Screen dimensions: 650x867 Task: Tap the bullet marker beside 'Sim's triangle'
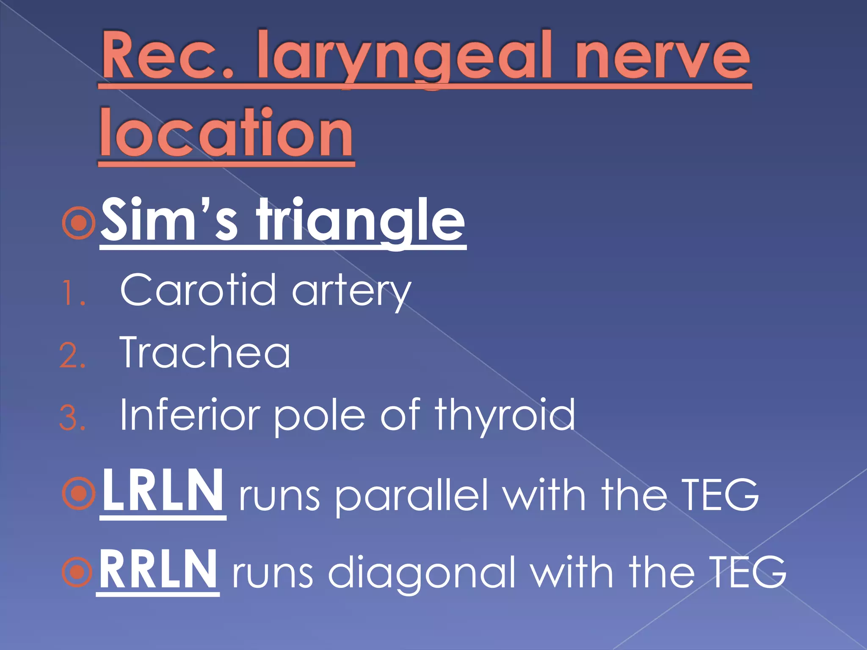point(79,223)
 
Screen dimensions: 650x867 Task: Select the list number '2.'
point(73,355)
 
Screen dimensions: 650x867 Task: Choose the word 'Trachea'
point(205,353)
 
